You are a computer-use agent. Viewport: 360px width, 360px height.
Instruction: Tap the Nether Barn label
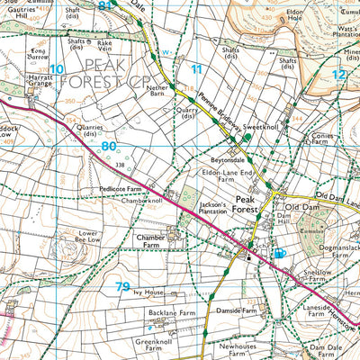point(163,87)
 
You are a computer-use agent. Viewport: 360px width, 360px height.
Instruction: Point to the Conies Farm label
point(321,140)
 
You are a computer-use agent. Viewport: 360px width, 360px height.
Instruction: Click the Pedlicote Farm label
point(121,189)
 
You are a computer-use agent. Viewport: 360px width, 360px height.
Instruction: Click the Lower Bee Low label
point(87,237)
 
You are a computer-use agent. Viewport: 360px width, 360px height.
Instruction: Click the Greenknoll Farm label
point(156,346)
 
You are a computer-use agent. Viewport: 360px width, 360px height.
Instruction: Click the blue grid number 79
point(123,287)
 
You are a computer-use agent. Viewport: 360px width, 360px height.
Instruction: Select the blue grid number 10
point(58,68)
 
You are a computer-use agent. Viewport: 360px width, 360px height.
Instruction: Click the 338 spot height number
point(121,165)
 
